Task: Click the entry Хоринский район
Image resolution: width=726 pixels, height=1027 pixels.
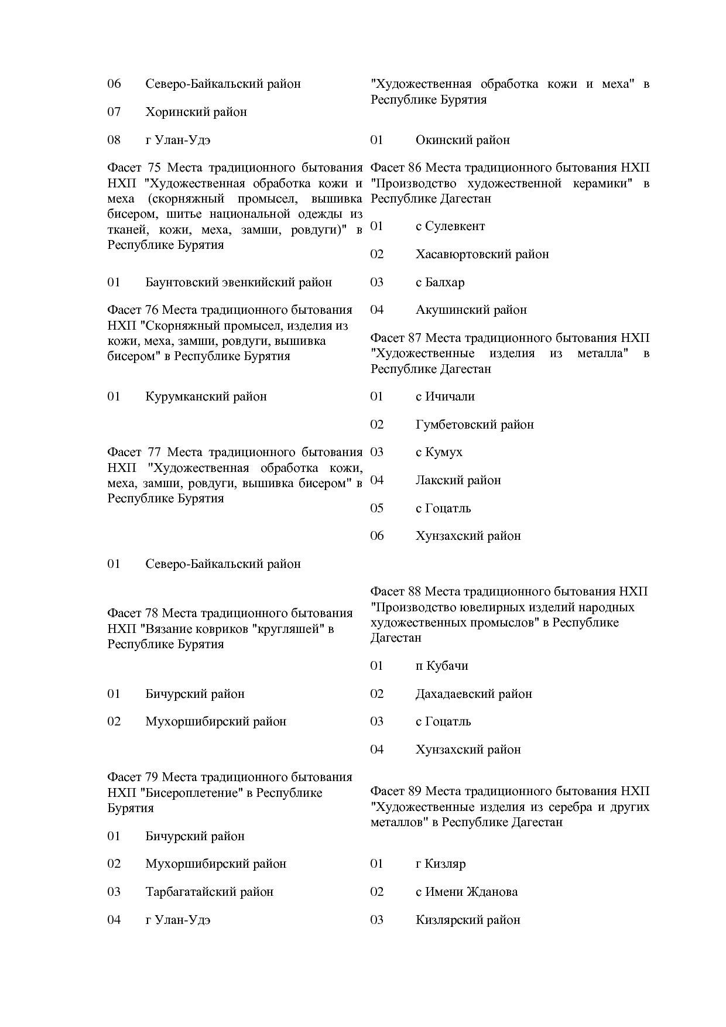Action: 196,112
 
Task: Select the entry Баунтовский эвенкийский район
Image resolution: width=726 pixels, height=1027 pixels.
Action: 238,282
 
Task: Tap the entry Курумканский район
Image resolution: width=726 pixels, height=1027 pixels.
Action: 206,396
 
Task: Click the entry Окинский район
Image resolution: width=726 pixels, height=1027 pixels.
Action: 462,140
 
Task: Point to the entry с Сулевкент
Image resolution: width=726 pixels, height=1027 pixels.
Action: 450,226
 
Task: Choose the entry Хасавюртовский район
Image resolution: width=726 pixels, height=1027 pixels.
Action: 482,254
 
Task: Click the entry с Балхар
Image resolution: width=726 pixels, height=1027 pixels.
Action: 440,282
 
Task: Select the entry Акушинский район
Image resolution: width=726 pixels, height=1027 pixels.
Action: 471,310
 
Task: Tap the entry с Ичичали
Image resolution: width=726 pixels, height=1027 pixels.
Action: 445,396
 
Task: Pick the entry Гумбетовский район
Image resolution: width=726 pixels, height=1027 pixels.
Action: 474,425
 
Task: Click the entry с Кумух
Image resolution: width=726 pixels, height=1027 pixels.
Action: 439,452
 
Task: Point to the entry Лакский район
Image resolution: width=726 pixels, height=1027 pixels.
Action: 458,480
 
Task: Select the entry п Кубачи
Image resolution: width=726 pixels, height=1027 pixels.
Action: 441,666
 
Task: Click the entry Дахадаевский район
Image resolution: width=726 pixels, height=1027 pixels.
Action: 473,694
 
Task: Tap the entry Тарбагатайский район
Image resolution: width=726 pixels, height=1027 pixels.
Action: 209,892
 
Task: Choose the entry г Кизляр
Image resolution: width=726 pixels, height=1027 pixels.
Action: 440,864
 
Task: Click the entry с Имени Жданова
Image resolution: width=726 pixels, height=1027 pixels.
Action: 466,892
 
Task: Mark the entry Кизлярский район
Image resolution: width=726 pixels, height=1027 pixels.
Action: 467,920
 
